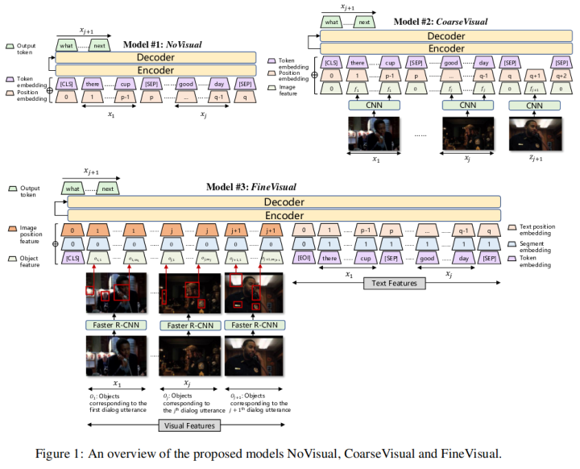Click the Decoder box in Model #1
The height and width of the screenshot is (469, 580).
155,58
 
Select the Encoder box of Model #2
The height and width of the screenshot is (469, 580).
445,48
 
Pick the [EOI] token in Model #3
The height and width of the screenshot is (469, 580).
304,258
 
